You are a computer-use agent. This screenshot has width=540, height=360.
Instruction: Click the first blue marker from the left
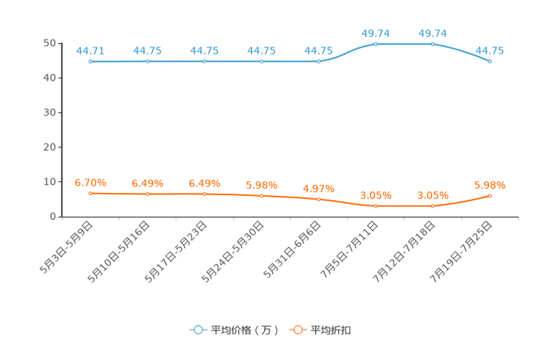[90, 62]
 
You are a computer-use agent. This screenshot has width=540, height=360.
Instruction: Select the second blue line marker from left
[147, 62]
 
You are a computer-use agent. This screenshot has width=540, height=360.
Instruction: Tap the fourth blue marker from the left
[262, 62]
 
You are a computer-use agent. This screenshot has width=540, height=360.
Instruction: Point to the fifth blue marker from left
[319, 62]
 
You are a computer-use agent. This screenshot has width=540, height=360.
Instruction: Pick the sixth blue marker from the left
[376, 44]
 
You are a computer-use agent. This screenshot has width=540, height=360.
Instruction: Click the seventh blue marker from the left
[433, 44]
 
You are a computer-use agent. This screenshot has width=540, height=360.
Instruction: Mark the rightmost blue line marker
[491, 62]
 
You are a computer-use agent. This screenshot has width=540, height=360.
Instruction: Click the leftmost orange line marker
[90, 194]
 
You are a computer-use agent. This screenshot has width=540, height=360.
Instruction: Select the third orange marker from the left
[205, 194]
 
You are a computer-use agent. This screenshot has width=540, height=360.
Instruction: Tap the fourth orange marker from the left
[262, 196]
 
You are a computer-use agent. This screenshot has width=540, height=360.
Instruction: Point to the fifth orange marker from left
[319, 199]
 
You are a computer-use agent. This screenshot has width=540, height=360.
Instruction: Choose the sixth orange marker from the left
[376, 206]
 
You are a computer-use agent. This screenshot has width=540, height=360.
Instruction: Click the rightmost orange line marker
[491, 196]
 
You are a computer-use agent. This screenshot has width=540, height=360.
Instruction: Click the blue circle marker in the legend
[197, 330]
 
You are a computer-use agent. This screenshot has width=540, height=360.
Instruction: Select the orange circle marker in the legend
[298, 330]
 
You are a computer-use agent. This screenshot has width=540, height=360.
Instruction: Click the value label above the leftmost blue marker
[90, 51]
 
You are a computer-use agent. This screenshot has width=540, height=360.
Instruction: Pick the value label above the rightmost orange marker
[490, 186]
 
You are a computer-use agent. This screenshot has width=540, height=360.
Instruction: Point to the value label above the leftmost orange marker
[90, 183]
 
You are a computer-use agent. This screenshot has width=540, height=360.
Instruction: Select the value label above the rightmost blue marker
[490, 51]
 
